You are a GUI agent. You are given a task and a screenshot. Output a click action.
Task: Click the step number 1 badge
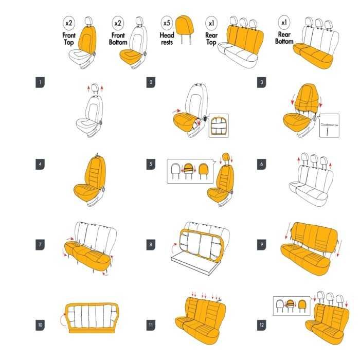40,83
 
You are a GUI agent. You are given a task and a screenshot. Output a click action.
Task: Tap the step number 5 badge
151,164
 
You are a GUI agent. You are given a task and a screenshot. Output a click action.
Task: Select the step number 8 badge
151,244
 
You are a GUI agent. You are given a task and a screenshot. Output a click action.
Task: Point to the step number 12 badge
261,325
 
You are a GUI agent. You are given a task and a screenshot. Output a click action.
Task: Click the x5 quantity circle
167,23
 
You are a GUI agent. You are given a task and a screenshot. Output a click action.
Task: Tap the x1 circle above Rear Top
211,23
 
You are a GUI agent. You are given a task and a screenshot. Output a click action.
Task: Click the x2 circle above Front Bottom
118,23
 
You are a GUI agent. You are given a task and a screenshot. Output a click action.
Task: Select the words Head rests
167,39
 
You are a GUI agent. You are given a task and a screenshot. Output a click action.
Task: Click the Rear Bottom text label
284,38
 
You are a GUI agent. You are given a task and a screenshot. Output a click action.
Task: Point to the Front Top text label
69,39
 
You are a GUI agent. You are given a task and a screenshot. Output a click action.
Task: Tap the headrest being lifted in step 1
95,88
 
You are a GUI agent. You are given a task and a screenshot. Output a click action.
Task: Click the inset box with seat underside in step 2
219,125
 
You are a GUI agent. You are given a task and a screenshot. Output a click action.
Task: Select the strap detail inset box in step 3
330,125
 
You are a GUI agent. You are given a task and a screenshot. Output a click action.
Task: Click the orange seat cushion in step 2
185,122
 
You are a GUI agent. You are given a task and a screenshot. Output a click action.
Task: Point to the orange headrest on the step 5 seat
226,157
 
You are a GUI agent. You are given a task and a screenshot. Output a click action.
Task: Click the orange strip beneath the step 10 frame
92,331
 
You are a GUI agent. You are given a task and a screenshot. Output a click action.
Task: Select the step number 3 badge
261,83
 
